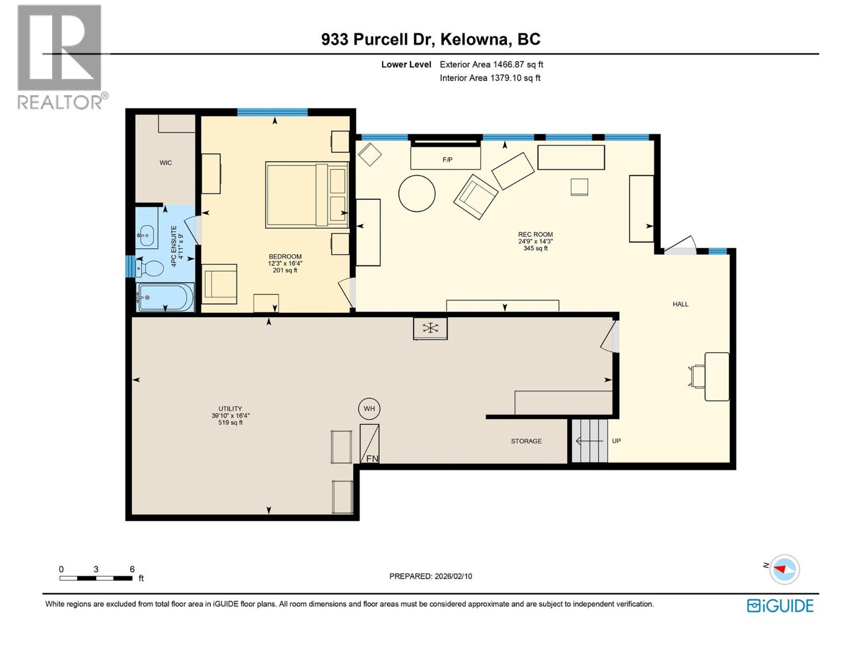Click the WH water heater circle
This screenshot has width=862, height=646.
(369, 409)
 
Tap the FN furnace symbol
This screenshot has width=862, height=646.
(370, 444)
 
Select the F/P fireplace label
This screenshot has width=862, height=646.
(447, 160)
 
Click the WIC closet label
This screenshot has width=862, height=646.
(165, 163)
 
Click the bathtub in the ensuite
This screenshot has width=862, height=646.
(164, 297)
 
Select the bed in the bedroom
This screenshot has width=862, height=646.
(306, 195)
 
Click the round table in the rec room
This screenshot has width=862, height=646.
(417, 193)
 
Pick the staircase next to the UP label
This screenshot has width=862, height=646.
(589, 441)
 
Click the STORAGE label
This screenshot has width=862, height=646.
(526, 441)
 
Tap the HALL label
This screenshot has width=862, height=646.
(680, 304)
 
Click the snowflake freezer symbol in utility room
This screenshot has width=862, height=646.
(430, 328)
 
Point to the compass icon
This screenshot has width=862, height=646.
(784, 569)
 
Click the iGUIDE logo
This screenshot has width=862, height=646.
(780, 606)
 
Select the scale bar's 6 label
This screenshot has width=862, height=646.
(132, 569)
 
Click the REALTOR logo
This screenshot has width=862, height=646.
(60, 57)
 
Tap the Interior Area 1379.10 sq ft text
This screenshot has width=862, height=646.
(490, 78)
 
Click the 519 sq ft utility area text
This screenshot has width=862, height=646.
(230, 423)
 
